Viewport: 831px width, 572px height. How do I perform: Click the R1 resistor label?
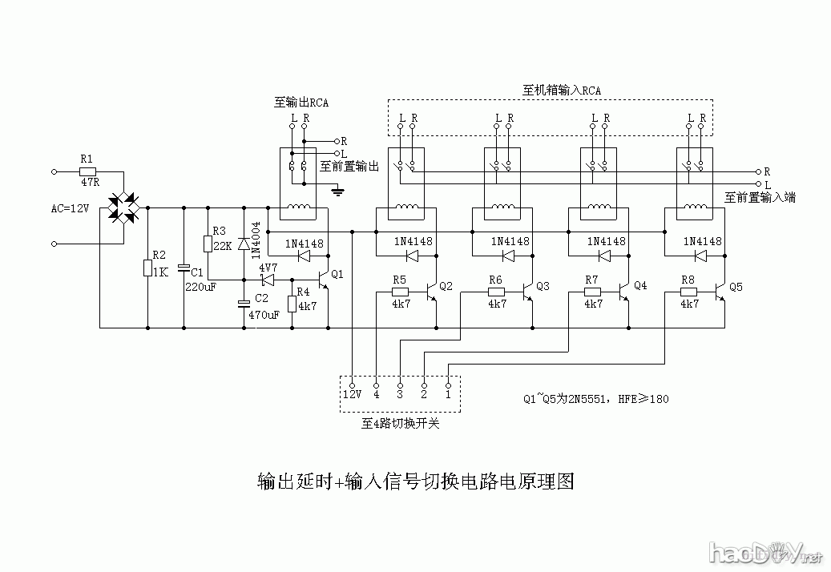tap(87, 159)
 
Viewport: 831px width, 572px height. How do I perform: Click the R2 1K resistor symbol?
tap(147, 268)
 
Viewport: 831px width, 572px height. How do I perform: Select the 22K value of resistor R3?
tap(222, 245)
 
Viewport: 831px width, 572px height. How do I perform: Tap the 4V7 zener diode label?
tap(268, 267)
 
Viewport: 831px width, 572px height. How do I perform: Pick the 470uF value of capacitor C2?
tap(264, 315)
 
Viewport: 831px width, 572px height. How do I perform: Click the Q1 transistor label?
tap(337, 274)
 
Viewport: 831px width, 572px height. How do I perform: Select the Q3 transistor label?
tap(543, 286)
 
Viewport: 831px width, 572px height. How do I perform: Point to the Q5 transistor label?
tap(736, 286)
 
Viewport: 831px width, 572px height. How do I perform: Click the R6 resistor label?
tap(495, 280)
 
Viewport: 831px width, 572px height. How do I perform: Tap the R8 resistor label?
tap(688, 280)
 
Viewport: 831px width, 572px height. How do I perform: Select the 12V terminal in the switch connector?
tap(353, 394)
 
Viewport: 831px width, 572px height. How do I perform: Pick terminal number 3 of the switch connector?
tap(400, 394)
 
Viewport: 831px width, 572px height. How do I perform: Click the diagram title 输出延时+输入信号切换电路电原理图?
tap(415, 481)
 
